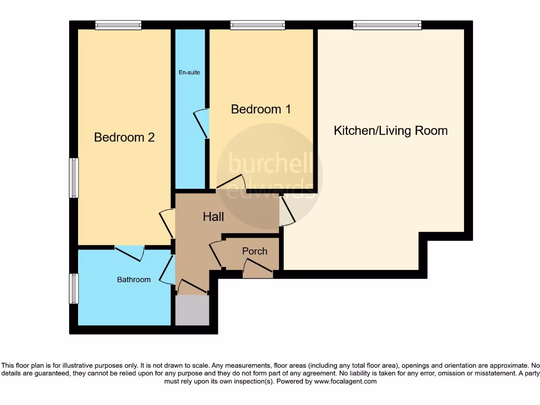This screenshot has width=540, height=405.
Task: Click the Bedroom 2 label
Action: pyautogui.click(x=124, y=137)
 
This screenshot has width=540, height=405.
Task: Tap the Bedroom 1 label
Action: pyautogui.click(x=261, y=109)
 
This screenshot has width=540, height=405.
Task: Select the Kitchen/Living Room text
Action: pyautogui.click(x=390, y=131)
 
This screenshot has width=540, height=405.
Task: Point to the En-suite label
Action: pyautogui.click(x=189, y=72)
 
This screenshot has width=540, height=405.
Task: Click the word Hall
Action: pyautogui.click(x=213, y=217)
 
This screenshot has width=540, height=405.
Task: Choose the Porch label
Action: pyautogui.click(x=254, y=252)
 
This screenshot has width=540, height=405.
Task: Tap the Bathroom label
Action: pyautogui.click(x=133, y=279)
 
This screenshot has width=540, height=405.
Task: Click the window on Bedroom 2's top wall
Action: pyautogui.click(x=118, y=25)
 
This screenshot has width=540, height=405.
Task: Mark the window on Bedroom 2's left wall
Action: pyautogui.click(x=74, y=178)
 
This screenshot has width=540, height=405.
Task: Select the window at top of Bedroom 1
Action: pyautogui.click(x=257, y=25)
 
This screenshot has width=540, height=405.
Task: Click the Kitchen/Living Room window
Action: pyautogui.click(x=387, y=25)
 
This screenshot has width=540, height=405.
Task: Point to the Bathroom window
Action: pyautogui.click(x=74, y=288)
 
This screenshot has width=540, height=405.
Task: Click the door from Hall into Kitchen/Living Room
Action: pyautogui.click(x=288, y=211)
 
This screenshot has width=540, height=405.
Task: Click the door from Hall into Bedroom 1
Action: pyautogui.click(x=230, y=182)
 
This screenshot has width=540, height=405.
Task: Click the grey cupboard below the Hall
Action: pyautogui.click(x=192, y=310)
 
